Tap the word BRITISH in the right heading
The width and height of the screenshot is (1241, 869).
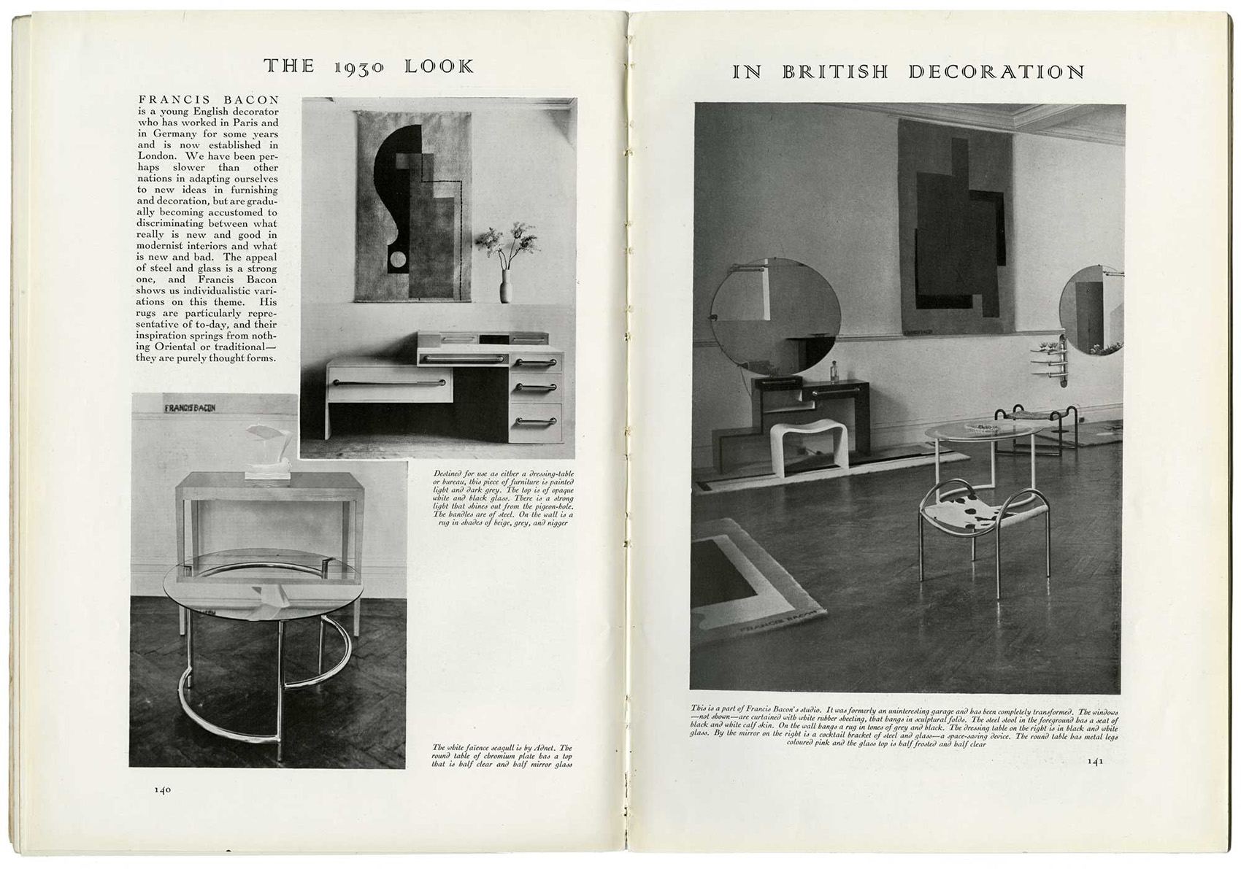coord(835,72)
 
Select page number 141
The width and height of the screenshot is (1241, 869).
coord(1095,761)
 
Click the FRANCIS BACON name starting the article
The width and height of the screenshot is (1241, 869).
coord(209,100)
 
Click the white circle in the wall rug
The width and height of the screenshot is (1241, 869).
coord(397,258)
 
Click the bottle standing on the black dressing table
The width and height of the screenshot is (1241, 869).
coord(834,374)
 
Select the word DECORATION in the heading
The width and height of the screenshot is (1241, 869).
coord(996,72)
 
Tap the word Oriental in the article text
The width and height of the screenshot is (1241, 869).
coord(190,347)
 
